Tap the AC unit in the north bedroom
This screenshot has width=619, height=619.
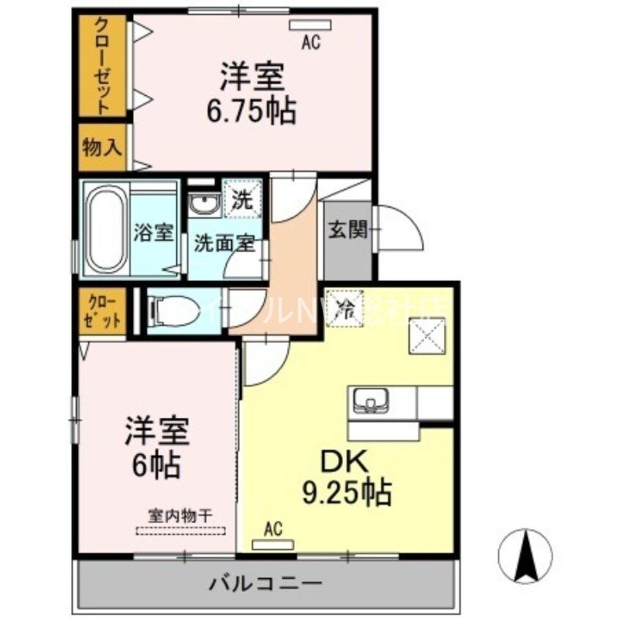click(310, 26)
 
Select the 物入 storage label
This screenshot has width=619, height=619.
click(102, 147)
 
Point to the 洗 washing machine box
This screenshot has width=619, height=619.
click(239, 197)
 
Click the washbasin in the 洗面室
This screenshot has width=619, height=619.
click(203, 206)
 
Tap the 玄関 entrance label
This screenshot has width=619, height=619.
click(347, 230)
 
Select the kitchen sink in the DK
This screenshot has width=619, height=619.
click(372, 401)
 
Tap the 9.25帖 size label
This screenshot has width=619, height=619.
click(345, 493)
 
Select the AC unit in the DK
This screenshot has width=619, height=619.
click(272, 544)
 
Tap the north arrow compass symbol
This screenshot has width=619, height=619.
click(526, 555)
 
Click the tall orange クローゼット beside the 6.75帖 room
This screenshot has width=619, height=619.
click(103, 66)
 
